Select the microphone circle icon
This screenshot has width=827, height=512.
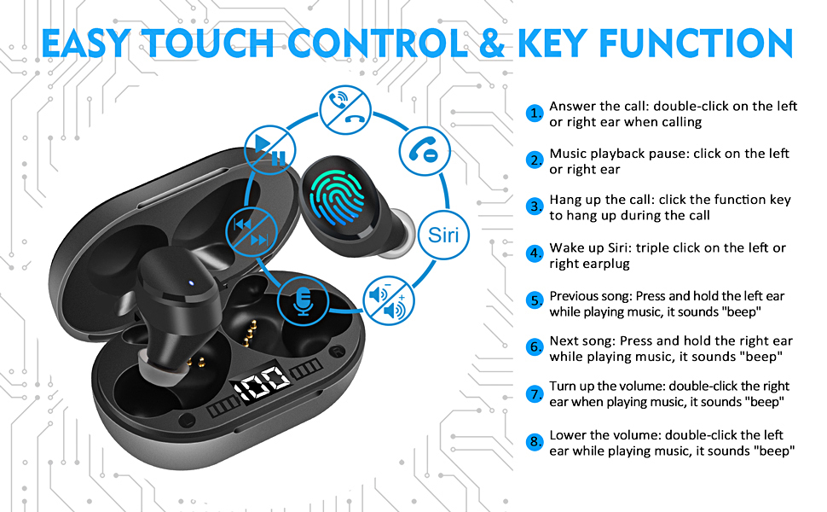pos(302,299)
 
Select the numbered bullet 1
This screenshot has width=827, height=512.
pos(535,113)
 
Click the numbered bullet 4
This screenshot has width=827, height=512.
pos(535,253)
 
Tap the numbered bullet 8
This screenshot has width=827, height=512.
pos(535,442)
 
